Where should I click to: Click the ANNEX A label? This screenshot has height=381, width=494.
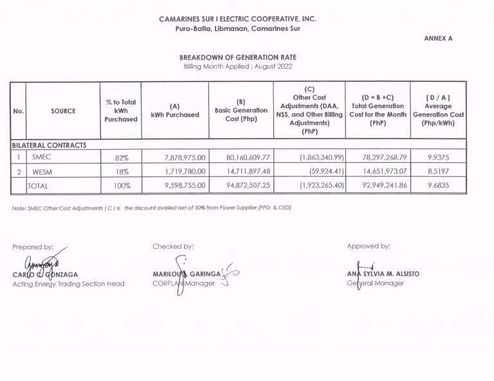438,39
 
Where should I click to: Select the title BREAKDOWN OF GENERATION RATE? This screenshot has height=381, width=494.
238,57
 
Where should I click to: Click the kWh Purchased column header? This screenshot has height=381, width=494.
175,111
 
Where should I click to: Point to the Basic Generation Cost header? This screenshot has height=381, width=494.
241,110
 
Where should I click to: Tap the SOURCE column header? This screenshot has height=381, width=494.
63,111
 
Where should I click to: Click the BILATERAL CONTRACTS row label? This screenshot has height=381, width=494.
49,145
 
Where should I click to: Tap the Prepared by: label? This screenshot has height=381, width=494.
33,246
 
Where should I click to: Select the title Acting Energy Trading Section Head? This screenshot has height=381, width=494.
68,284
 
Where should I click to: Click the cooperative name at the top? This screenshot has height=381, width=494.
237,19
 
